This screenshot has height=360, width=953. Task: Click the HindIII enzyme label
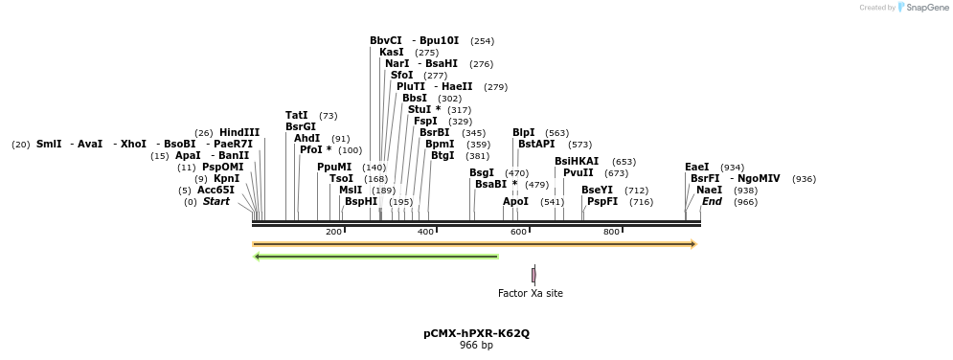click(238, 133)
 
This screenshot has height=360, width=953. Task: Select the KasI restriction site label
click(391, 53)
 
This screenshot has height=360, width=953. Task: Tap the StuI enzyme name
click(420, 110)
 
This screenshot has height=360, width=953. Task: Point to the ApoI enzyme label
click(515, 202)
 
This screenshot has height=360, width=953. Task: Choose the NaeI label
click(709, 191)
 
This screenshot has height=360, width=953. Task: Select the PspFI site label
click(601, 202)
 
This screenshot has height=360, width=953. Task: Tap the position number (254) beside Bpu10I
click(482, 41)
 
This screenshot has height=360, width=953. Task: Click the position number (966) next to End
click(745, 202)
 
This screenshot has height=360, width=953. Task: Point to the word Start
click(216, 202)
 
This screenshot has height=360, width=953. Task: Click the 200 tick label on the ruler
click(333, 233)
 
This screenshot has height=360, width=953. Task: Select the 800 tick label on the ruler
click(611, 233)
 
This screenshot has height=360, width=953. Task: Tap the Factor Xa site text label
click(531, 293)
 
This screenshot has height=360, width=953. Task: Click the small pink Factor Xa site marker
click(533, 275)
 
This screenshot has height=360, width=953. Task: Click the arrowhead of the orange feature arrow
click(692, 244)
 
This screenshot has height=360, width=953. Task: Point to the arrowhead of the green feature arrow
click(257, 257)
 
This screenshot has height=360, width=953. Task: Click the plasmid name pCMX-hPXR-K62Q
click(476, 334)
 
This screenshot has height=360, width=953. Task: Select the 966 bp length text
click(476, 346)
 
